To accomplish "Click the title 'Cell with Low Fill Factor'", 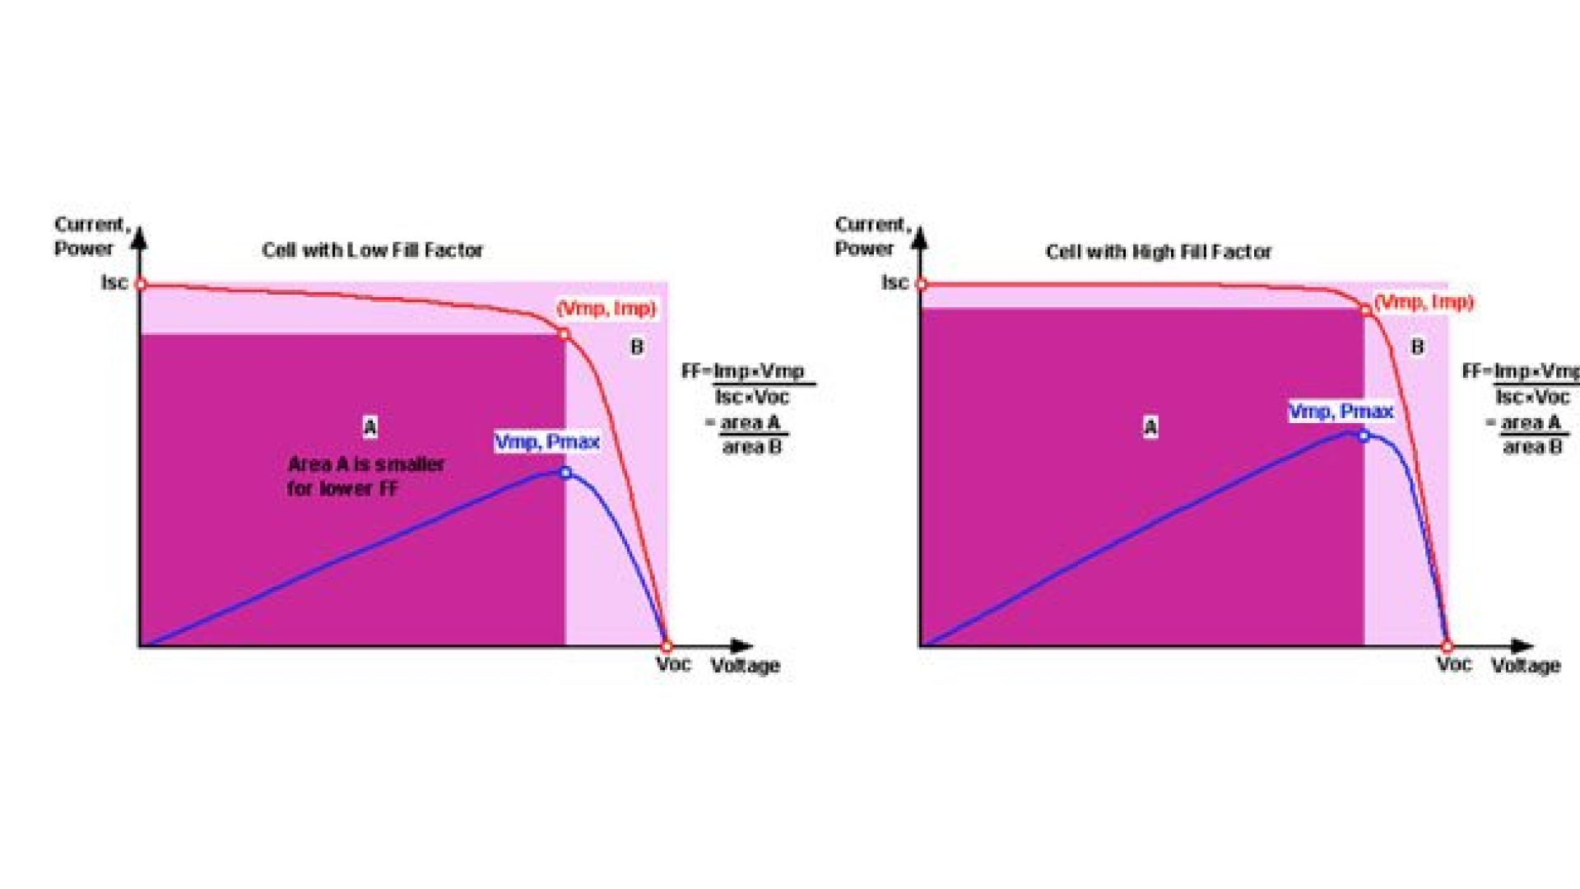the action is click(x=372, y=250).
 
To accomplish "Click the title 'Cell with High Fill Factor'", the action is click(x=1159, y=252).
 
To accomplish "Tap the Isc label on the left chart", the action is click(x=114, y=282).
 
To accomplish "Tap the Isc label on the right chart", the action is click(x=895, y=282).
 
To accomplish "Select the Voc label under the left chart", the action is click(x=673, y=664).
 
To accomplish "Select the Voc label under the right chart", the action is click(x=1454, y=664).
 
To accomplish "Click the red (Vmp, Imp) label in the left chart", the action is click(x=606, y=309).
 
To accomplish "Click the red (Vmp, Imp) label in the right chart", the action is click(x=1424, y=302).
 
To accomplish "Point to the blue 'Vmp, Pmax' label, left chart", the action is click(x=546, y=442).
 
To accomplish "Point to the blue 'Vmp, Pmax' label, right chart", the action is click(x=1341, y=411).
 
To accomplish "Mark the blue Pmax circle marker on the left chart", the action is click(x=565, y=472).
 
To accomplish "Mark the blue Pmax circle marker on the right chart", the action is click(x=1364, y=436).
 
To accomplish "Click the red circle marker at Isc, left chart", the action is click(x=141, y=285).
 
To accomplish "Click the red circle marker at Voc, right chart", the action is click(x=1448, y=647).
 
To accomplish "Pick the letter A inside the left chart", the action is click(x=370, y=427).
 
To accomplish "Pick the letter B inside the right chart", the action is click(x=1417, y=347).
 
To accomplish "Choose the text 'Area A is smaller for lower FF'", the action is click(x=366, y=476).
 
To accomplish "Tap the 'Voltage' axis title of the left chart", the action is click(x=745, y=666).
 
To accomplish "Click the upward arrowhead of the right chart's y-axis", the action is click(x=922, y=238).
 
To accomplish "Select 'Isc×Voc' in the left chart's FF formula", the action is click(x=751, y=397).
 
